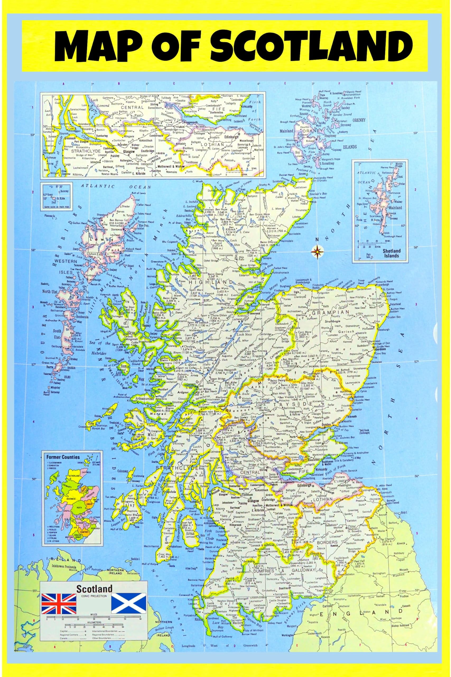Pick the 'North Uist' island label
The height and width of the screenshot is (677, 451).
coord(50,292)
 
